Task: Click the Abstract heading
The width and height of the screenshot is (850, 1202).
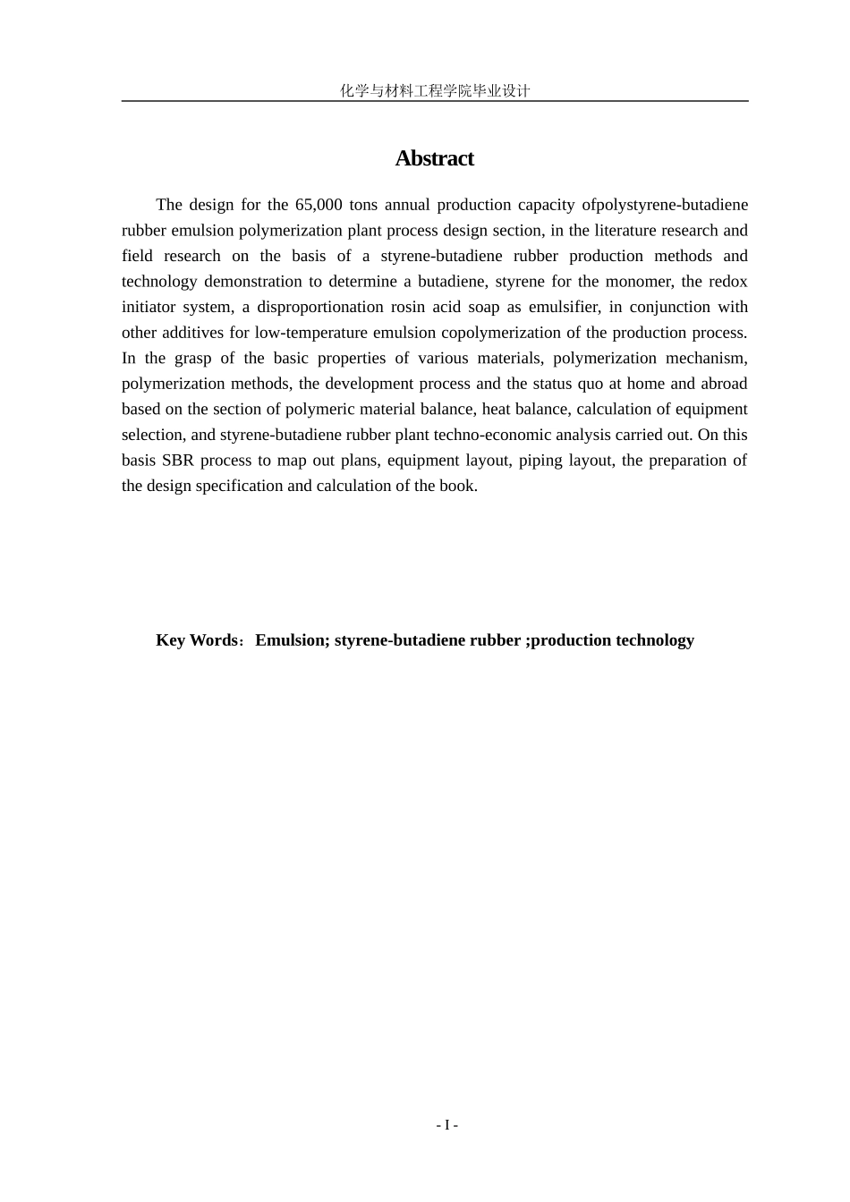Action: pos(434,158)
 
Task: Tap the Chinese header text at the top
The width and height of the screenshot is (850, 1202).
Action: pos(435,90)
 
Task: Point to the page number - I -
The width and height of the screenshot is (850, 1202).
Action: pos(446,1125)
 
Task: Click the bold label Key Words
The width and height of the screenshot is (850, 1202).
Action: pos(197,640)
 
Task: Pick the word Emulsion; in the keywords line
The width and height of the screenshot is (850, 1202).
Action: pos(293,640)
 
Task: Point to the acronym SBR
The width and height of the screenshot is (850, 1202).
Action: pos(178,461)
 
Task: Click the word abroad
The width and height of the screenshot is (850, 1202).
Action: pos(724,384)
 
